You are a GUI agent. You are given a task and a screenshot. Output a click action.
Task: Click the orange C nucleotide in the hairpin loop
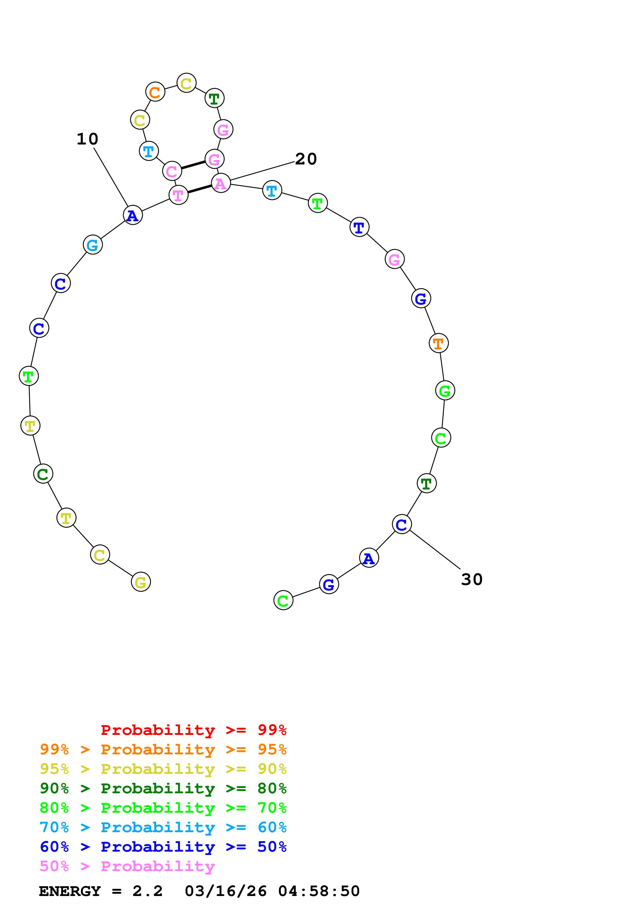click(155, 92)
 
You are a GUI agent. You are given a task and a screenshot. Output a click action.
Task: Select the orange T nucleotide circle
click(439, 343)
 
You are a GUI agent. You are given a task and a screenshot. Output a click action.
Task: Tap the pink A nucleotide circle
click(221, 183)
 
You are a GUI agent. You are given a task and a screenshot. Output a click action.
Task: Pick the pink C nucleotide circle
click(172, 171)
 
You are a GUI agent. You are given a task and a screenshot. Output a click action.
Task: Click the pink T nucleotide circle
click(178, 195)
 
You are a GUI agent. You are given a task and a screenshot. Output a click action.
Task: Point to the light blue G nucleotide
click(93, 245)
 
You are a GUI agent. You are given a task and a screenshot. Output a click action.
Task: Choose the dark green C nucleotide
click(43, 474)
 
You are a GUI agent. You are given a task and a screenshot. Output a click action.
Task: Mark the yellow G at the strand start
click(141, 582)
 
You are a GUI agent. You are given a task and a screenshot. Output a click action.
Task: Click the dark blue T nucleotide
click(359, 227)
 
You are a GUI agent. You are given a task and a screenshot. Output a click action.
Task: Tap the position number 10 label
click(87, 139)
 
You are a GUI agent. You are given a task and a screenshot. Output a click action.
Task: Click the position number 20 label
click(306, 159)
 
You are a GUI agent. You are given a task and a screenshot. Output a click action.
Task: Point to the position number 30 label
click(472, 580)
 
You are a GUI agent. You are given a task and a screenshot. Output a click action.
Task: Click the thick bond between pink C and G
click(193, 165)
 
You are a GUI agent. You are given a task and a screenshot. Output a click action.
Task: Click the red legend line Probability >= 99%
click(193, 730)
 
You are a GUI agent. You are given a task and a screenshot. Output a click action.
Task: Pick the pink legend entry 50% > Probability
click(127, 866)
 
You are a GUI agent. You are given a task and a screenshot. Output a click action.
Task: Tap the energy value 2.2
click(147, 891)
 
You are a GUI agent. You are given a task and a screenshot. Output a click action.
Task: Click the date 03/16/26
click(225, 891)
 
